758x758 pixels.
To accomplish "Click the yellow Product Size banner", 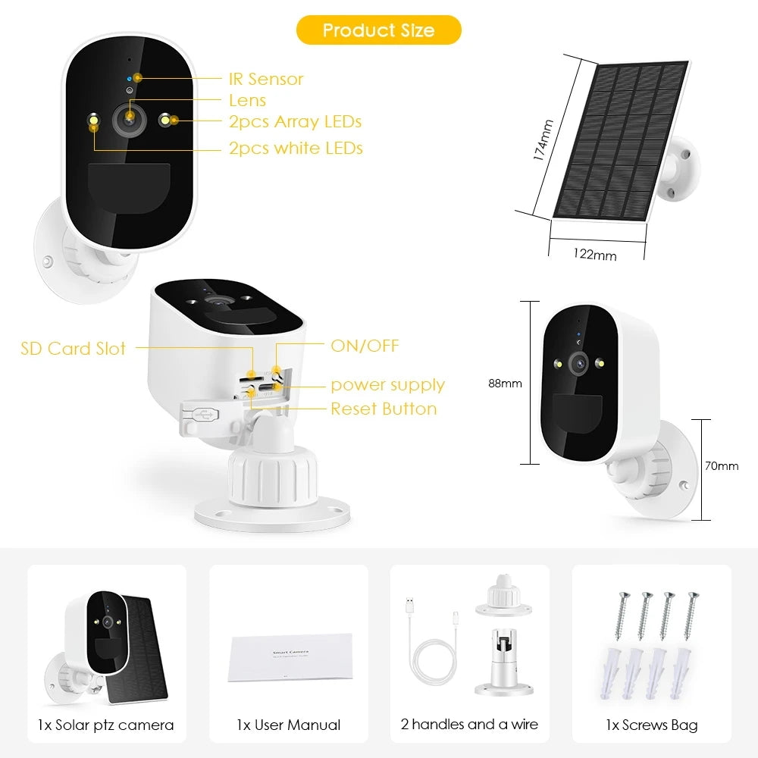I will pyautogui.click(x=378, y=30).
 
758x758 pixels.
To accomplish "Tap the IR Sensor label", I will pyautogui.click(x=265, y=79).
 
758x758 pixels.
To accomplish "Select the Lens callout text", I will pyautogui.click(x=247, y=100).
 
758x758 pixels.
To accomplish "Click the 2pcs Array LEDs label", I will pyautogui.click(x=295, y=121).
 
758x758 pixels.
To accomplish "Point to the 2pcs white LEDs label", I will pyautogui.click(x=296, y=148).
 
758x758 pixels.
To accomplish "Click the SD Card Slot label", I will pyautogui.click(x=73, y=349).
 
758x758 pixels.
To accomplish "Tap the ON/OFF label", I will pyautogui.click(x=365, y=346).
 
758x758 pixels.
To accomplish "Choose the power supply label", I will pyautogui.click(x=387, y=385).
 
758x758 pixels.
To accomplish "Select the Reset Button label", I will pyautogui.click(x=384, y=409).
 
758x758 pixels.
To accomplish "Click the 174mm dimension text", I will pyautogui.click(x=543, y=139).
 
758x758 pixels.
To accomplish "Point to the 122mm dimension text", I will pyautogui.click(x=595, y=255).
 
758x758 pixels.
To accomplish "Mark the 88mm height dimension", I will pyautogui.click(x=505, y=384).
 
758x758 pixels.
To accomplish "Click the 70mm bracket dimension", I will pyautogui.click(x=722, y=466).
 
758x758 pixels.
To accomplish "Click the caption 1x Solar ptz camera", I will pyautogui.click(x=105, y=725).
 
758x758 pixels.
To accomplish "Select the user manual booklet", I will pyautogui.click(x=290, y=656).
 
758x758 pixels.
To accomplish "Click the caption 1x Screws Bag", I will pyautogui.click(x=651, y=725).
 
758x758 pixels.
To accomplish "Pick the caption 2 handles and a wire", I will pyautogui.click(x=469, y=725).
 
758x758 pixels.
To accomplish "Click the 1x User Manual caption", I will pyautogui.click(x=288, y=725).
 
